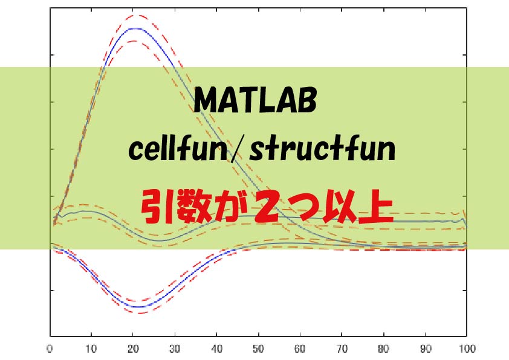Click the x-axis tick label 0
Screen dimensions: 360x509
49,349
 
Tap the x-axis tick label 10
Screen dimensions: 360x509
91,349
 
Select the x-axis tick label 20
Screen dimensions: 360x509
133,349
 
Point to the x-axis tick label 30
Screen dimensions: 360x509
175,349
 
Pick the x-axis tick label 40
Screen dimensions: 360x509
216,349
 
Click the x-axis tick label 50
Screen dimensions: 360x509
258,349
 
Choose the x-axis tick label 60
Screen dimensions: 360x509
300,349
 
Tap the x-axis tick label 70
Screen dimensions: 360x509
342,349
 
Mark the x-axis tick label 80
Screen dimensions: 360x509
383,349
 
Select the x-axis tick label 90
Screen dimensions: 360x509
425,349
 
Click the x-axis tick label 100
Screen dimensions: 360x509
466,349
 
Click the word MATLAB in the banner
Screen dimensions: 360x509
254,101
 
